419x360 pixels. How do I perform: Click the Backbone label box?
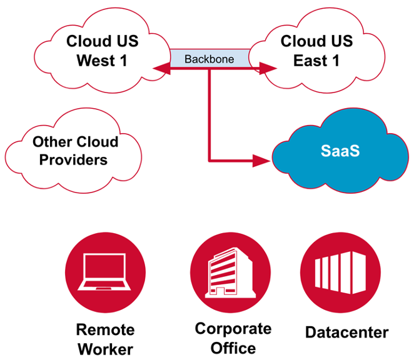pyautogui.click(x=209, y=59)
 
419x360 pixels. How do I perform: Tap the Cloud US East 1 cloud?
pyautogui.click(x=316, y=51)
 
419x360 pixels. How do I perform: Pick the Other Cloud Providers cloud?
pyautogui.click(x=74, y=150)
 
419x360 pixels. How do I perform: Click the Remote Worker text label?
pyautogui.click(x=106, y=338)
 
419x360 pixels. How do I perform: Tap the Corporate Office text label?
pyautogui.click(x=233, y=337)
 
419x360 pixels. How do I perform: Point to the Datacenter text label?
pyautogui.click(x=347, y=332)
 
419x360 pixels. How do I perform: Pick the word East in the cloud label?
pyautogui.click(x=308, y=61)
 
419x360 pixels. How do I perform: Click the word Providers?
pyautogui.click(x=74, y=160)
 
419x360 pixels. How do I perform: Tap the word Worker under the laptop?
pyautogui.click(x=106, y=348)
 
